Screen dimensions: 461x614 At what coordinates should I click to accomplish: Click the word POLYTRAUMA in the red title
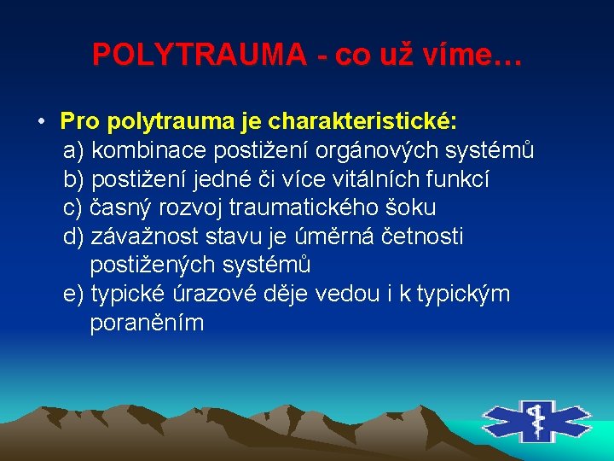200,55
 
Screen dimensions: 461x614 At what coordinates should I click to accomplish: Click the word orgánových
375,151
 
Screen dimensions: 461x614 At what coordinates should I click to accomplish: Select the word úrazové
217,295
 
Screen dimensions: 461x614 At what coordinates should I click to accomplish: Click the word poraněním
147,324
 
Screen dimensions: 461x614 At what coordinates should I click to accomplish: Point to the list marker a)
74,151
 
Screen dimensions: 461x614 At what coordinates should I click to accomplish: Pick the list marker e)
74,295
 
